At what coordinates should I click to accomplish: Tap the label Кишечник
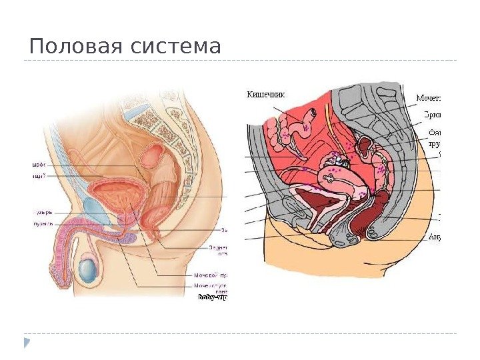(x=265, y=94)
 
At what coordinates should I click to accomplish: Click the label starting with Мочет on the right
(x=429, y=97)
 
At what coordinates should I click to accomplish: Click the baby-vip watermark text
(x=213, y=298)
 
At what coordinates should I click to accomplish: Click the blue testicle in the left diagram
(x=87, y=270)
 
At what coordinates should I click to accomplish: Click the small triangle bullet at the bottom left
(x=27, y=343)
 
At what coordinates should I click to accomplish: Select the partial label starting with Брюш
(x=432, y=113)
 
